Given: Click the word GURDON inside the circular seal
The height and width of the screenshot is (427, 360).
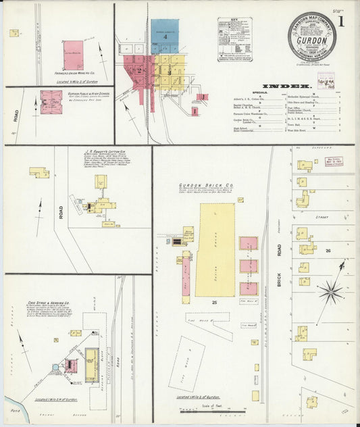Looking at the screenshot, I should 311,41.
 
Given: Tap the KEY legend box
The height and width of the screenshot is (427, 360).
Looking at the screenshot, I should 234,39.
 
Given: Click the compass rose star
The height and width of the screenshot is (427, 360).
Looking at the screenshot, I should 330,292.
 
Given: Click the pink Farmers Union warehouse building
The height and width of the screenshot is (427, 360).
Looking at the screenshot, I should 73,54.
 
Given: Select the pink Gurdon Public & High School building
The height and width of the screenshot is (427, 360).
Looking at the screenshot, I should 51,101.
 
